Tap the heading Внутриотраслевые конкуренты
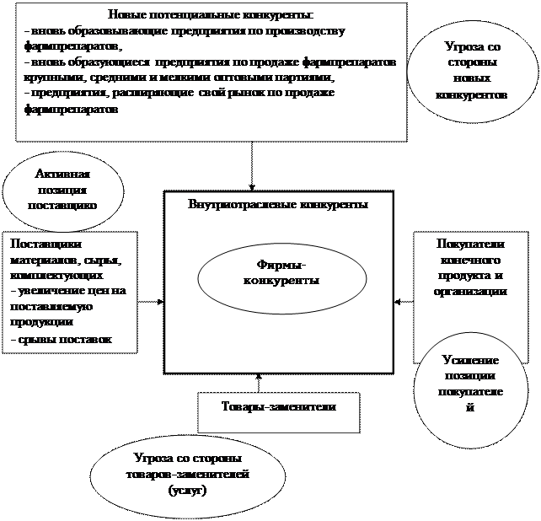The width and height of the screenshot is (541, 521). point(278,204)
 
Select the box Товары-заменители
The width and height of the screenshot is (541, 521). point(278,407)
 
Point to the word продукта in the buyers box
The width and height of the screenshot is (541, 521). point(470,276)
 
